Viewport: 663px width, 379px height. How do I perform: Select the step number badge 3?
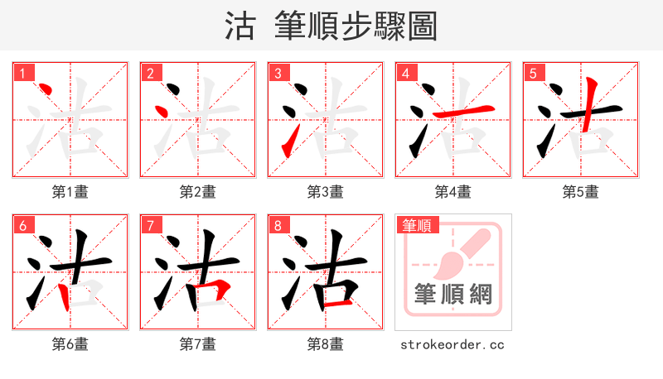(278, 74)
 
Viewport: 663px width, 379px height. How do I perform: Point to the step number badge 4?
(406, 74)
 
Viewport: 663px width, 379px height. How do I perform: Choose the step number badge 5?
(534, 74)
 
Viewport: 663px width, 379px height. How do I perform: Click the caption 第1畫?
(70, 192)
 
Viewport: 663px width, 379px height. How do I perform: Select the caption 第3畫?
(326, 192)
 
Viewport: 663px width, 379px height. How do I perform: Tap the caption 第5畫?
(581, 192)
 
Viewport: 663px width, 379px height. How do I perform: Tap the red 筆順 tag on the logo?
(418, 225)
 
